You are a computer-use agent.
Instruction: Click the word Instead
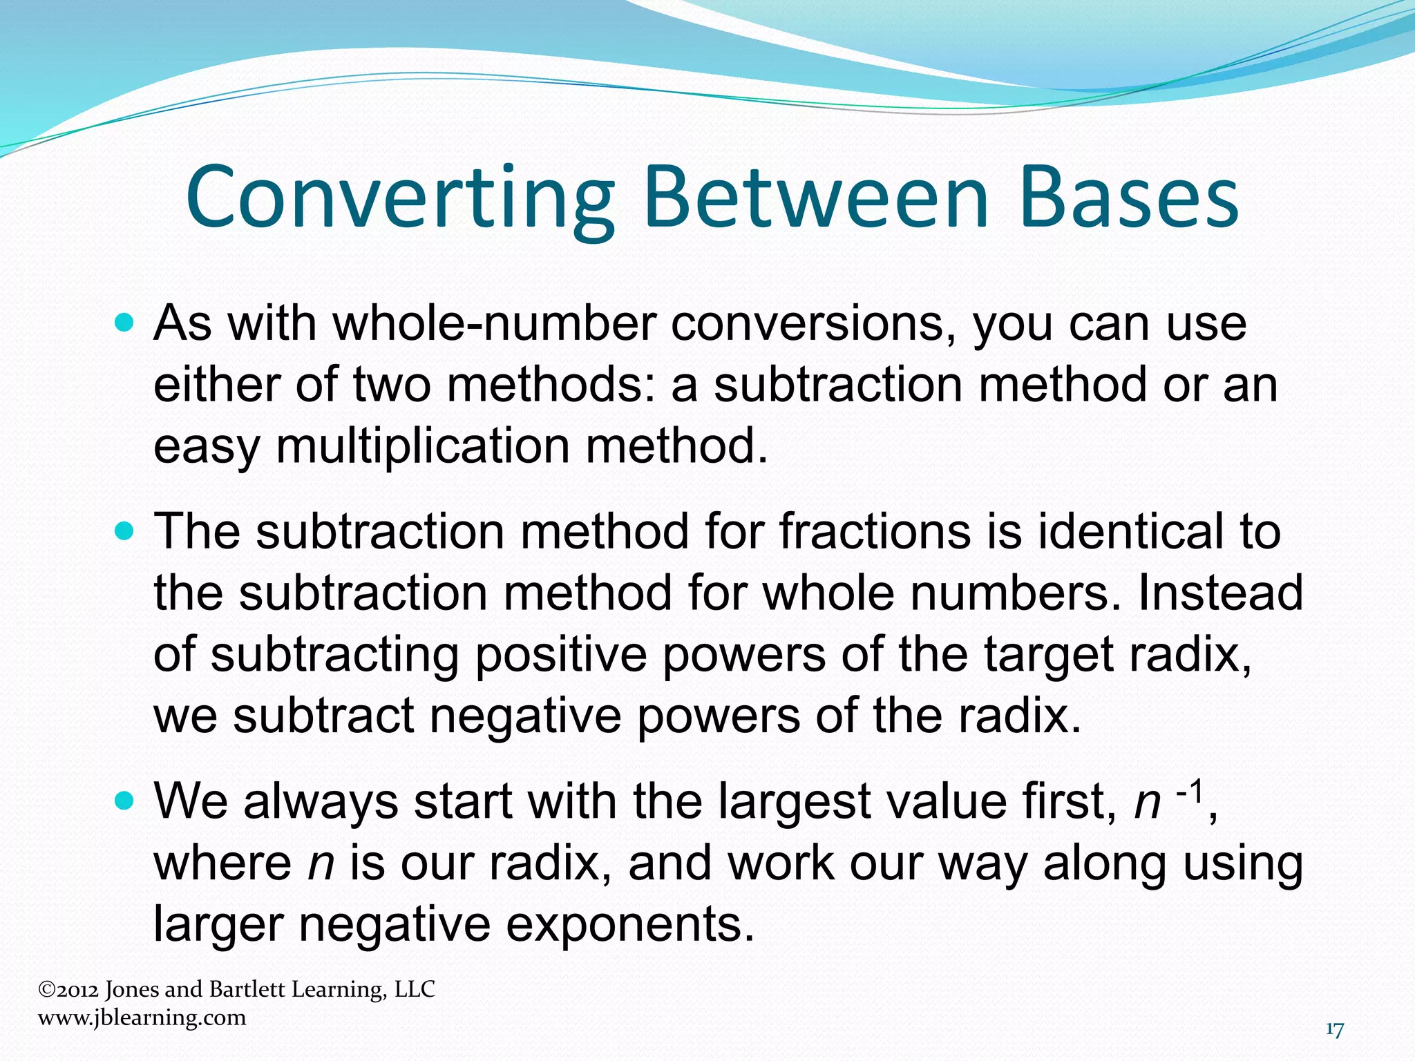[1220, 593]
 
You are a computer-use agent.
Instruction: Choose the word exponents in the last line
[629, 924]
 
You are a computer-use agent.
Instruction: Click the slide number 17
[1334, 1030]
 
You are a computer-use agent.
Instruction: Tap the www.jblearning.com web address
[142, 1017]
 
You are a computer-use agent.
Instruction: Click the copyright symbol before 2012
[46, 990]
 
